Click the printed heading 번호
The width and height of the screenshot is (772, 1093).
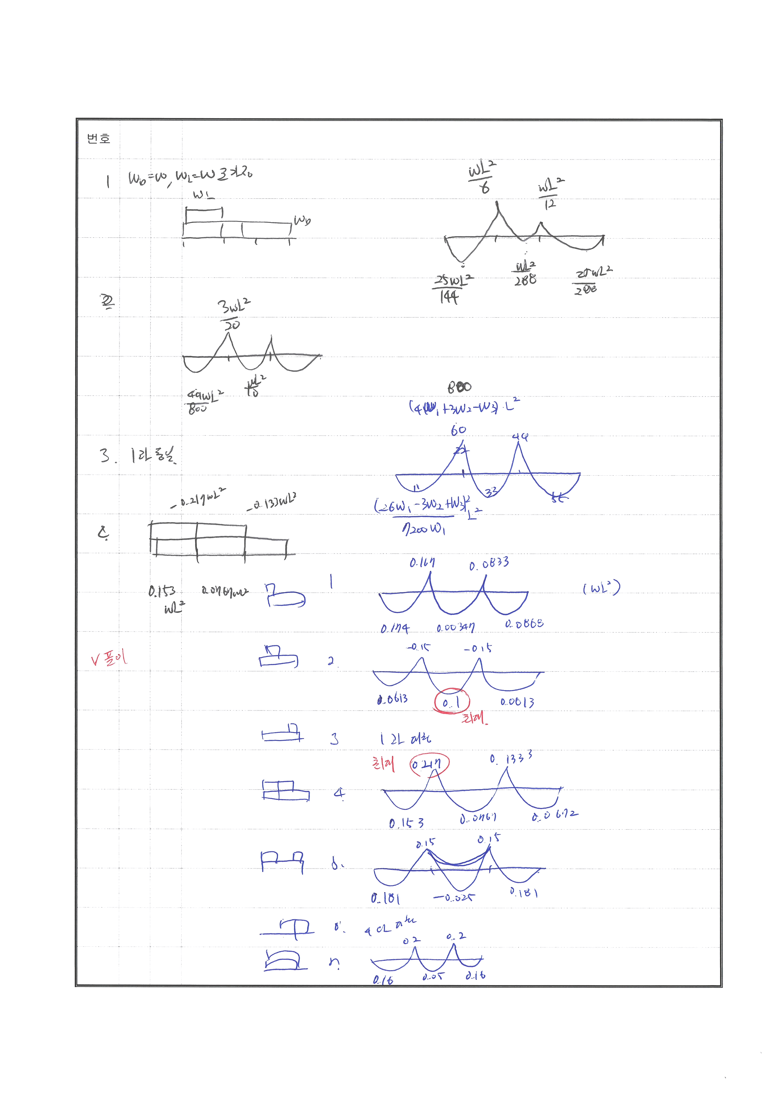point(99,138)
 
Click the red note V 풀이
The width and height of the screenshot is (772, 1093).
point(109,658)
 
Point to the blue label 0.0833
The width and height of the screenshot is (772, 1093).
point(488,564)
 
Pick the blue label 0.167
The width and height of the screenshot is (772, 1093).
point(422,563)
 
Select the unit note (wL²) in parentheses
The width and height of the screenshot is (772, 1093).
point(601,588)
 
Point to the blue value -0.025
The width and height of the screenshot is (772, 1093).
point(453,897)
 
